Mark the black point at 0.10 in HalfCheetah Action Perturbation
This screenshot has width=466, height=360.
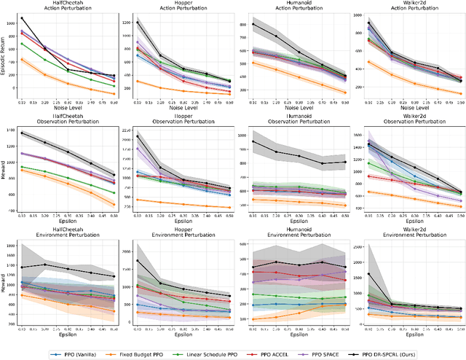point(22,18)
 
